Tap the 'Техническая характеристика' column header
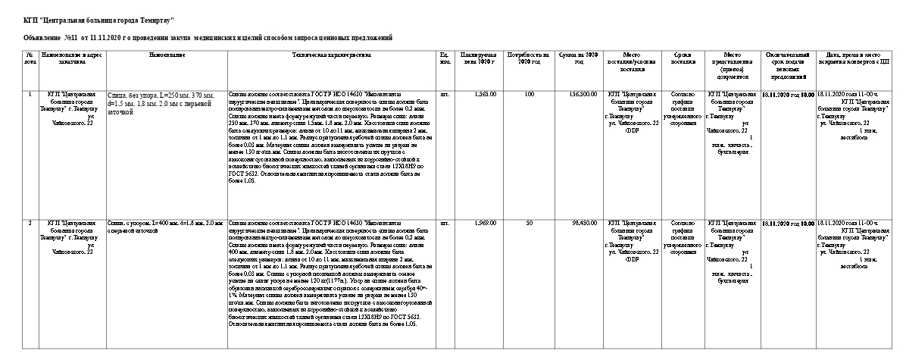pos(331,55)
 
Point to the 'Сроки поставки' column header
pos(678,58)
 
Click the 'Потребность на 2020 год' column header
pos(526,58)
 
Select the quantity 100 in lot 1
pos(529,94)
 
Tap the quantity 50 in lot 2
pos(529,223)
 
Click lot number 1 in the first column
pos(30,94)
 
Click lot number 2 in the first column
pos(30,223)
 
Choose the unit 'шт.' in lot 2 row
pos(445,223)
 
